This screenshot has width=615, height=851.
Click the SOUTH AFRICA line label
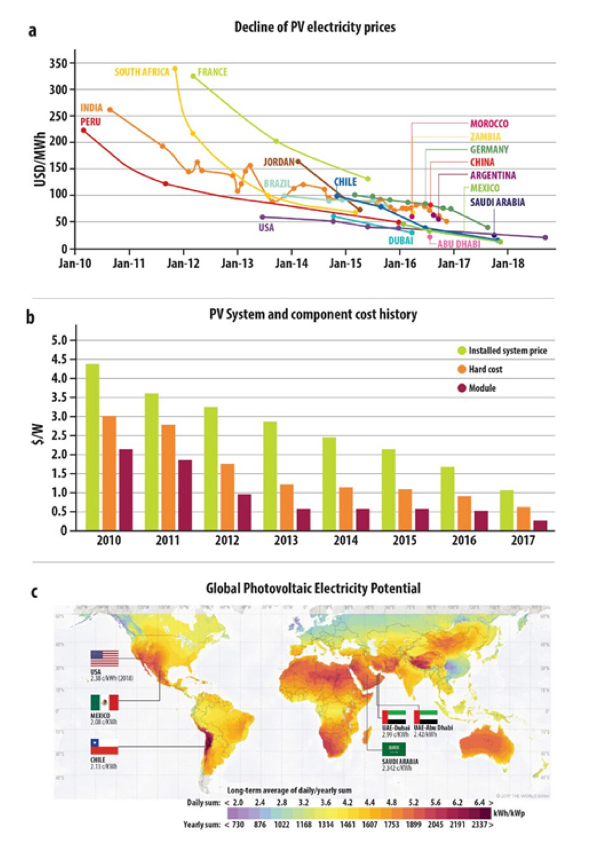point(142,72)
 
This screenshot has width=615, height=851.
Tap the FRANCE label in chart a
point(213,72)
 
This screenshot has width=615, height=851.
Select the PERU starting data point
point(83,130)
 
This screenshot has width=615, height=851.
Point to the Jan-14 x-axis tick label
point(291,263)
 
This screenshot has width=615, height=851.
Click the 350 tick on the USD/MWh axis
point(62,63)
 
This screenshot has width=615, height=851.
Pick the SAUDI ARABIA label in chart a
point(497,203)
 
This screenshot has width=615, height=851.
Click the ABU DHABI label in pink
point(459,244)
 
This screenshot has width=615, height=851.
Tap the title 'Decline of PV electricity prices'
point(315,27)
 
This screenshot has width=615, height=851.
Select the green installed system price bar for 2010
point(92,447)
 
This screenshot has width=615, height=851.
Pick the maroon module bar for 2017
point(540,525)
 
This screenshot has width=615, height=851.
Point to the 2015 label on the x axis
point(405,541)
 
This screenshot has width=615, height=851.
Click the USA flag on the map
point(105,658)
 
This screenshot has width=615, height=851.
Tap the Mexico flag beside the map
point(105,702)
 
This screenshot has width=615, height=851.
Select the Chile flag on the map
point(104,746)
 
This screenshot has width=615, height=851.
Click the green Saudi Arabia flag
point(394,749)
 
